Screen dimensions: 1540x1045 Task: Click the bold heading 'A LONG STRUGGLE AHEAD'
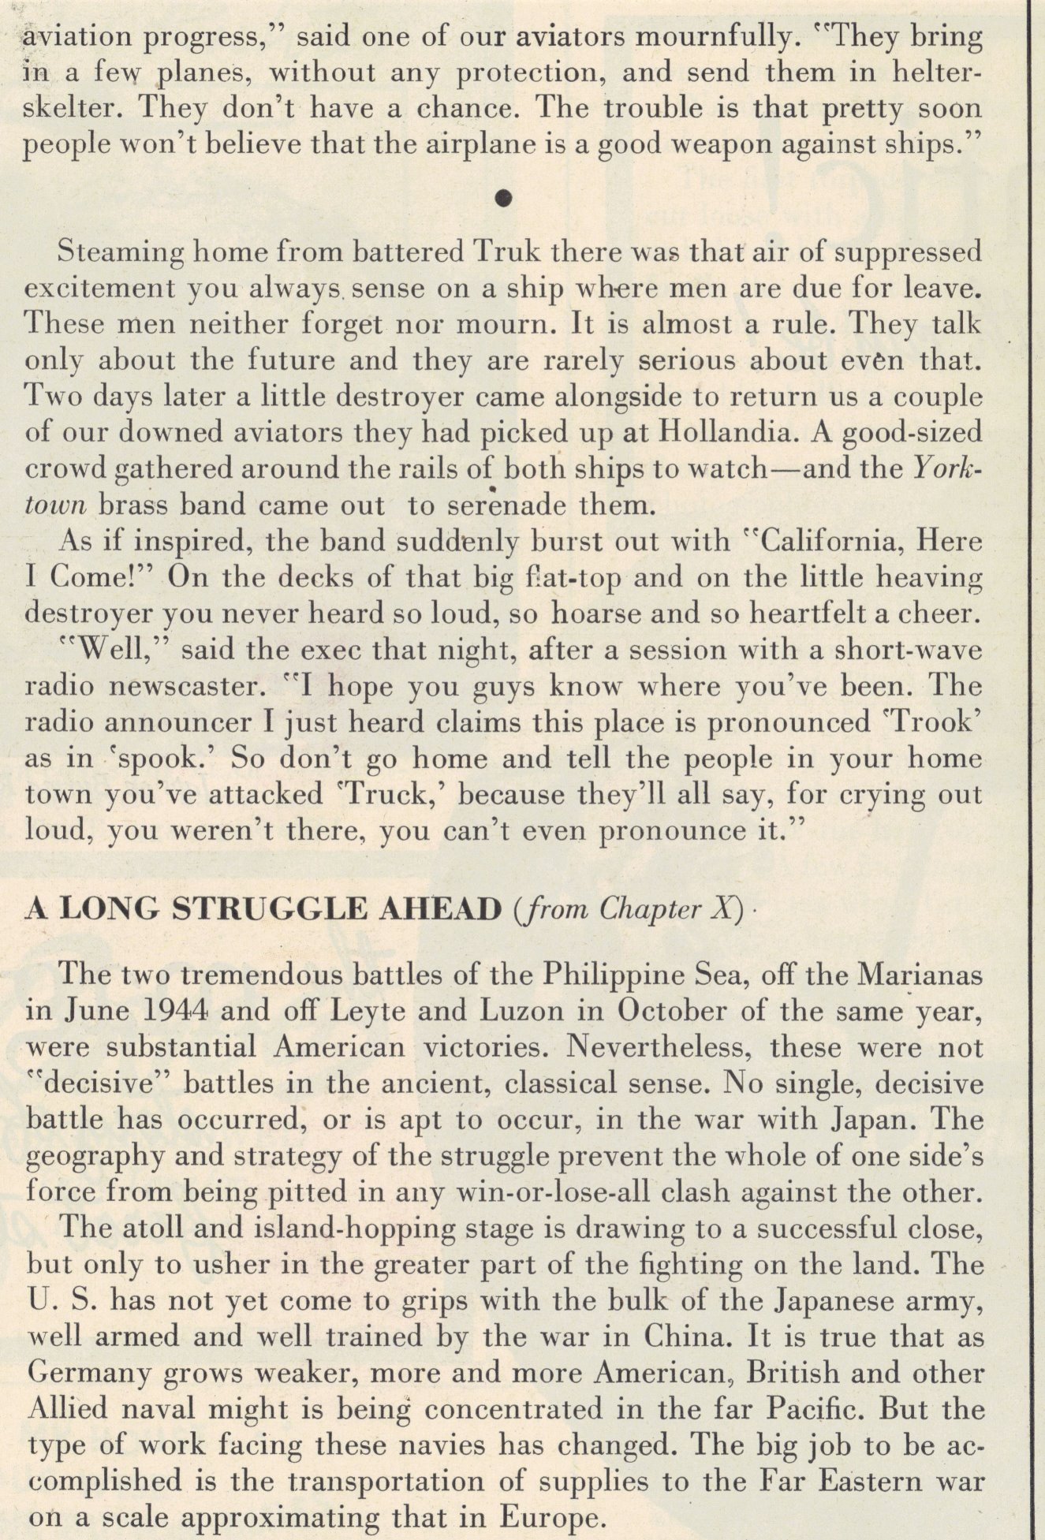coord(264,910)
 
